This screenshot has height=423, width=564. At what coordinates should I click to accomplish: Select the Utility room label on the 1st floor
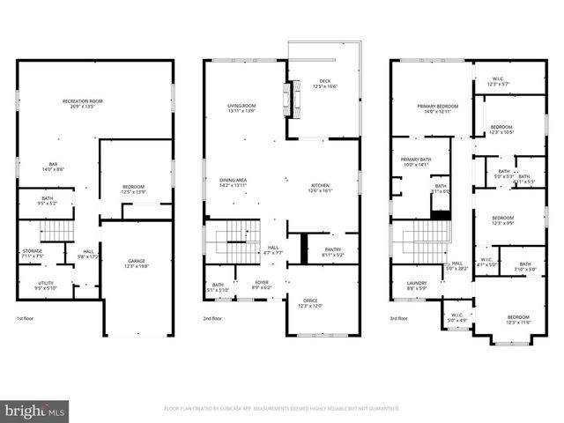[45, 285]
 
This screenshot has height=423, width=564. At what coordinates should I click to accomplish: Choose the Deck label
[323, 84]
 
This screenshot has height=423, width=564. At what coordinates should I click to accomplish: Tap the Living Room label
[241, 108]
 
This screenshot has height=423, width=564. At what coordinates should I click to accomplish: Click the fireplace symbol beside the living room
[285, 93]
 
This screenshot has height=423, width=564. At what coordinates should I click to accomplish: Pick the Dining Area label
[233, 182]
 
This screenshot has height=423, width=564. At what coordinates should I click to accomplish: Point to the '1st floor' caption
[26, 318]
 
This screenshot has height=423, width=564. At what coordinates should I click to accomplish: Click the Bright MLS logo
[34, 411]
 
